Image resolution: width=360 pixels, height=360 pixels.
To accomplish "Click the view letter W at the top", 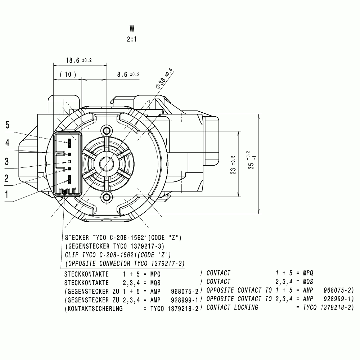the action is click(x=132, y=29).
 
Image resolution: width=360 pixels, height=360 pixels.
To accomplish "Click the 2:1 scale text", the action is click(x=132, y=39).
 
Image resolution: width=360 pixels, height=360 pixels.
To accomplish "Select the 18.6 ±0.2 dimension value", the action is click(x=79, y=60).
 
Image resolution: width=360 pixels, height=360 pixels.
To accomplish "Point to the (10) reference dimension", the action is click(x=68, y=75).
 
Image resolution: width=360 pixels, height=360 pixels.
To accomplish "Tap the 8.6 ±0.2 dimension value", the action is click(x=129, y=75).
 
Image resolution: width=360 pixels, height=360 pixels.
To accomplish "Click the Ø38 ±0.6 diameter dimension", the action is click(x=164, y=78).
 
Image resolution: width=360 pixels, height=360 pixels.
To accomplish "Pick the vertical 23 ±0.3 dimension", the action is click(x=233, y=165).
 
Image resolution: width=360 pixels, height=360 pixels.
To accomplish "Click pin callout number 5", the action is click(x=7, y=125).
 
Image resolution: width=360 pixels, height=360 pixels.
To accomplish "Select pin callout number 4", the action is click(x=7, y=143).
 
